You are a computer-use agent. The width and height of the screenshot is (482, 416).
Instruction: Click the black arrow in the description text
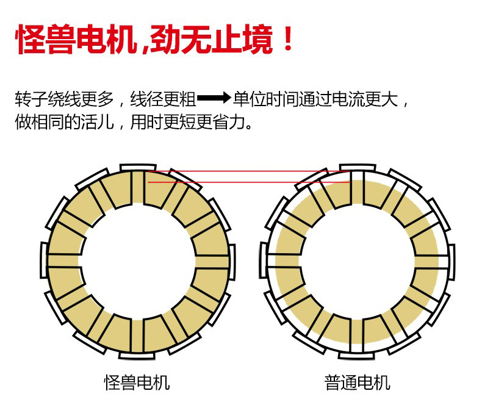214,98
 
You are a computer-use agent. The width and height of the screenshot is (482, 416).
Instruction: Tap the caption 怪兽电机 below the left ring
137,383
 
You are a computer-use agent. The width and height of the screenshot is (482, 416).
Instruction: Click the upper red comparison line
244,171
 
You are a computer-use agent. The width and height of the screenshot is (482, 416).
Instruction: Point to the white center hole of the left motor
138,260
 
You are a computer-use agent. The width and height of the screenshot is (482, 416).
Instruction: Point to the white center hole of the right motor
357,260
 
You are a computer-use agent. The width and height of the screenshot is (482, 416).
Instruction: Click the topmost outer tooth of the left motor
138,168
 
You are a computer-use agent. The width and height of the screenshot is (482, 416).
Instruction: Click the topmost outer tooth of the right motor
357,167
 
